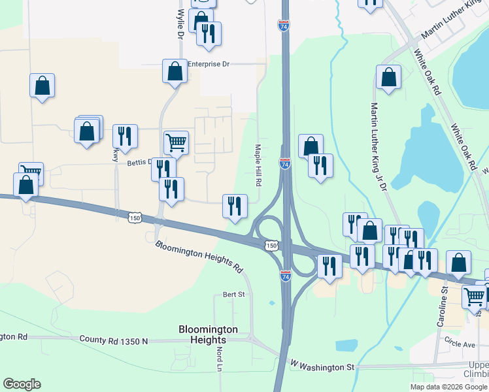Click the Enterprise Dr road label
point(209,65)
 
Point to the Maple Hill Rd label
point(258,165)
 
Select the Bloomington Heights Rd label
point(199,257)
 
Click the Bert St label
point(233,295)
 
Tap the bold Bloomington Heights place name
point(208,335)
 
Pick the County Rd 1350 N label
point(114,340)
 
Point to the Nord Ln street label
point(220,359)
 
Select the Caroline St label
point(442,306)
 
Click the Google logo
point(22,384)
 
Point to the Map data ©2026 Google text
point(448,387)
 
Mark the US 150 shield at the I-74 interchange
point(271,245)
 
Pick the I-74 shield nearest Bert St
point(285,276)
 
